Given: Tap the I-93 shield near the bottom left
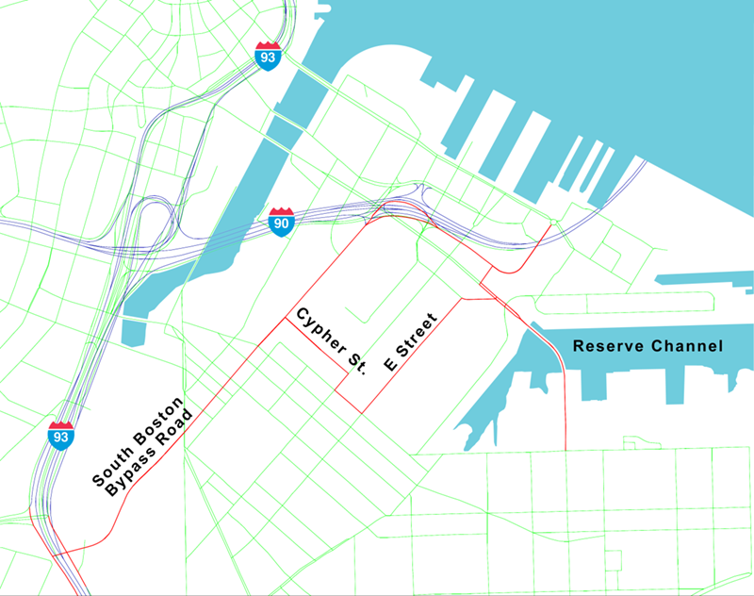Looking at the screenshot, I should pyautogui.click(x=60, y=435).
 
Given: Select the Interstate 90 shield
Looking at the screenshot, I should pyautogui.click(x=281, y=222).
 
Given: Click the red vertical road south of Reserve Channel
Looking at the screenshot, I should pyautogui.click(x=564, y=415).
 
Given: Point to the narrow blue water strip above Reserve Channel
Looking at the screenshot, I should pyautogui.click(x=702, y=280).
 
